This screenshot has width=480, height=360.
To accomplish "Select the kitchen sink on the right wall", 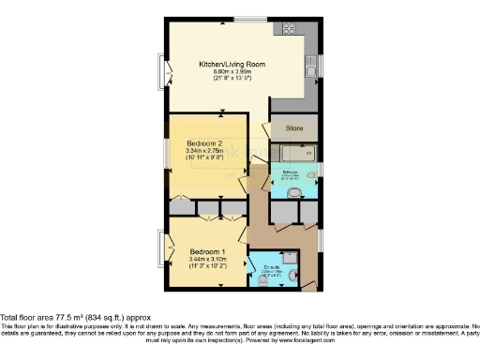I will (x=310, y=68).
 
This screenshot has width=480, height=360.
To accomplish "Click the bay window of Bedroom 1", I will (x=165, y=250).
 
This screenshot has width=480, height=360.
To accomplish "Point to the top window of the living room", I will (x=248, y=19).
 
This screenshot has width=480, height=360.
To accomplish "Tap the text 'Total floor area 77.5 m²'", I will (x=56, y=319).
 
